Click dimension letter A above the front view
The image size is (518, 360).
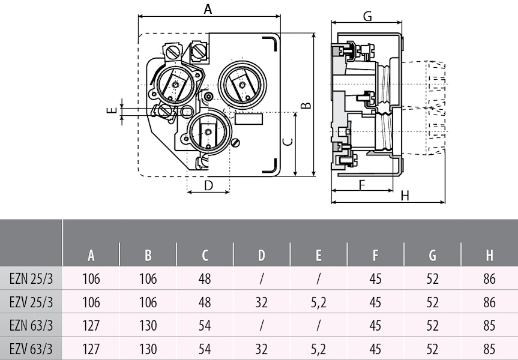[x=208, y=9]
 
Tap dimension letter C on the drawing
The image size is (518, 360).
[x=288, y=143]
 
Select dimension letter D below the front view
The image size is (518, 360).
[x=208, y=185]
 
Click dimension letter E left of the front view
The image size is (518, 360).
[x=110, y=110]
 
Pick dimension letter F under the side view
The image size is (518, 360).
[x=363, y=185]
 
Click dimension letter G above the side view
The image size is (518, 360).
[x=367, y=15]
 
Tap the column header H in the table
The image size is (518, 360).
[x=489, y=256]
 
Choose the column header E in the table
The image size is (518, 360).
[x=318, y=256]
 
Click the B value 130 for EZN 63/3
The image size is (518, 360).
[x=148, y=326]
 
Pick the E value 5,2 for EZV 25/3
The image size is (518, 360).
[x=318, y=302]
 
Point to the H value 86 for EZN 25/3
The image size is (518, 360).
[x=489, y=279]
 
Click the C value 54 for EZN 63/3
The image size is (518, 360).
[x=205, y=326]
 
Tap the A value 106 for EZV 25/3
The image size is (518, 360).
[x=91, y=302]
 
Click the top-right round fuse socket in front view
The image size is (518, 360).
[x=242, y=85]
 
